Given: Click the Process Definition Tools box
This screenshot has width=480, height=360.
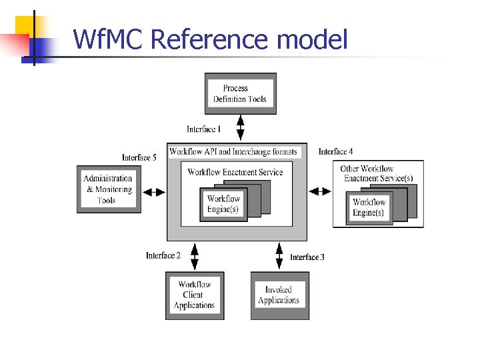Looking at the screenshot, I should pyautogui.click(x=240, y=93).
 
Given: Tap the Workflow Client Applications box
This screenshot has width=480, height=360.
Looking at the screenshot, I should pyautogui.click(x=195, y=295).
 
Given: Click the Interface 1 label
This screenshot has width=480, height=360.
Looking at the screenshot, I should pyautogui.click(x=204, y=129).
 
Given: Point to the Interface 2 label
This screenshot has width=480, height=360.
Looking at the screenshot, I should pyautogui.click(x=163, y=255).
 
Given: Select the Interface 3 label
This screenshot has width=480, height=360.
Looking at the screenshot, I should pyautogui.click(x=307, y=257).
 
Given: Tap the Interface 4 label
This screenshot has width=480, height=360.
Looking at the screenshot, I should pyautogui.click(x=336, y=152).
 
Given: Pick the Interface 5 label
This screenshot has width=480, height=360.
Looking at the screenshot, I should pyautogui.click(x=139, y=158).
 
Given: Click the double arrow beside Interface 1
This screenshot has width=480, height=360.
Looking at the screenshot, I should pyautogui.click(x=240, y=128).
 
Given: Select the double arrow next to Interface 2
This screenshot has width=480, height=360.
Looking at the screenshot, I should pyautogui.click(x=195, y=256).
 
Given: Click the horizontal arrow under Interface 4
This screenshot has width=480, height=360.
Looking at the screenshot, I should pyautogui.click(x=320, y=191).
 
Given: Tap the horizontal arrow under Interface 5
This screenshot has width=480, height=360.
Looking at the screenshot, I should pyautogui.click(x=155, y=192).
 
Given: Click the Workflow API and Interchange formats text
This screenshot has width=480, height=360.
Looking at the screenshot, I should pyautogui.click(x=233, y=152).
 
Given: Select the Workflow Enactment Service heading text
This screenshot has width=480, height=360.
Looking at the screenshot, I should pyautogui.click(x=235, y=172).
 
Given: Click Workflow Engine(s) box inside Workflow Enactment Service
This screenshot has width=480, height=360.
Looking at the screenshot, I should pyautogui.click(x=223, y=204).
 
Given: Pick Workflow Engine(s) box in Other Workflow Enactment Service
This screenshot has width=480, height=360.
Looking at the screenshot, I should pyautogui.click(x=369, y=207).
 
